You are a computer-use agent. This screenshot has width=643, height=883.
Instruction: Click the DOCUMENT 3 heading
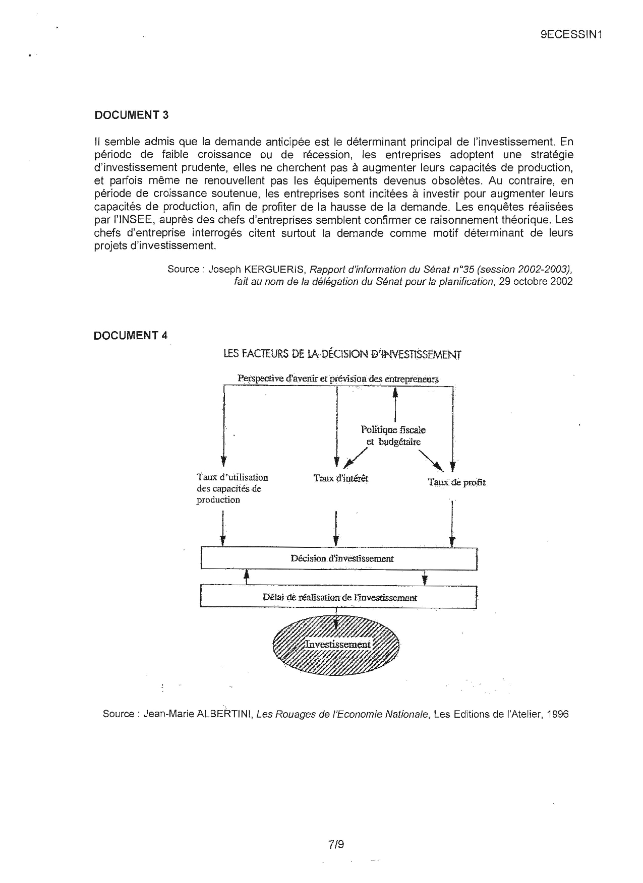tap(131, 115)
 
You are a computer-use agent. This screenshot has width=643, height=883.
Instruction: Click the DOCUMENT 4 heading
tap(130, 336)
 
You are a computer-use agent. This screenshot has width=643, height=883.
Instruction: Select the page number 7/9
tap(335, 844)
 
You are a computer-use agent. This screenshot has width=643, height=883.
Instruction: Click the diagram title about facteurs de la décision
tap(342, 354)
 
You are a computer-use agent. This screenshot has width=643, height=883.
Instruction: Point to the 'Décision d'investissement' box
tap(339, 558)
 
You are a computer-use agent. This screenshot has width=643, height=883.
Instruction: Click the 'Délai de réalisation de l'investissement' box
tap(339, 597)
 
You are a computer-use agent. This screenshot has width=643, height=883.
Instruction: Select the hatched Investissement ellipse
tap(336, 645)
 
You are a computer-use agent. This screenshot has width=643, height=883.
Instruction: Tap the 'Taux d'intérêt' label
tap(341, 478)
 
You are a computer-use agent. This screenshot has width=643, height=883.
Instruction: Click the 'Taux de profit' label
tap(456, 482)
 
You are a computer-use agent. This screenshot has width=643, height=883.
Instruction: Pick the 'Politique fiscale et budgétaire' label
tap(393, 436)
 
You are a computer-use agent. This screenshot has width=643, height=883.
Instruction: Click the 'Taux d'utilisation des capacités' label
tap(232, 488)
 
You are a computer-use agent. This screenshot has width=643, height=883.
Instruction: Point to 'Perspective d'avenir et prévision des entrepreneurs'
tap(338, 379)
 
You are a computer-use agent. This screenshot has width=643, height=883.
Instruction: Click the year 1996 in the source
tap(557, 714)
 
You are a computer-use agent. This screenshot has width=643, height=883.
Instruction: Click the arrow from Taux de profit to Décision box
tap(452, 524)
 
